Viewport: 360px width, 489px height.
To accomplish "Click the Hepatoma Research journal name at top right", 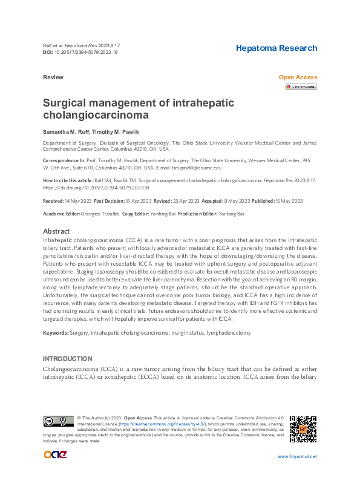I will click(276, 48).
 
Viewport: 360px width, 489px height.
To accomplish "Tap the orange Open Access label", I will click(297, 77).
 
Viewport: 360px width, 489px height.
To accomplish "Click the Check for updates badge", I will click(301, 87).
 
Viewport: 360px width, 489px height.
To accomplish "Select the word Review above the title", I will click(53, 77).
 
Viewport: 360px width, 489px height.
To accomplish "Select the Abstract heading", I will click(56, 231).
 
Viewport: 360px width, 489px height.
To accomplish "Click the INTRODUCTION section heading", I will click(68, 359).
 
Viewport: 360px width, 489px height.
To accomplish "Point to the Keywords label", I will click(55, 333).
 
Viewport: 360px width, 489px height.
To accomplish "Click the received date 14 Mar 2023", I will click(77, 201).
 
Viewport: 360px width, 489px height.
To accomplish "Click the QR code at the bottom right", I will click(303, 429).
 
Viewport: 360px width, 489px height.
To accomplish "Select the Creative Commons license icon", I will click(57, 422).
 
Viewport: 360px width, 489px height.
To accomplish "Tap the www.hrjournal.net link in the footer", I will click(296, 457).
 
